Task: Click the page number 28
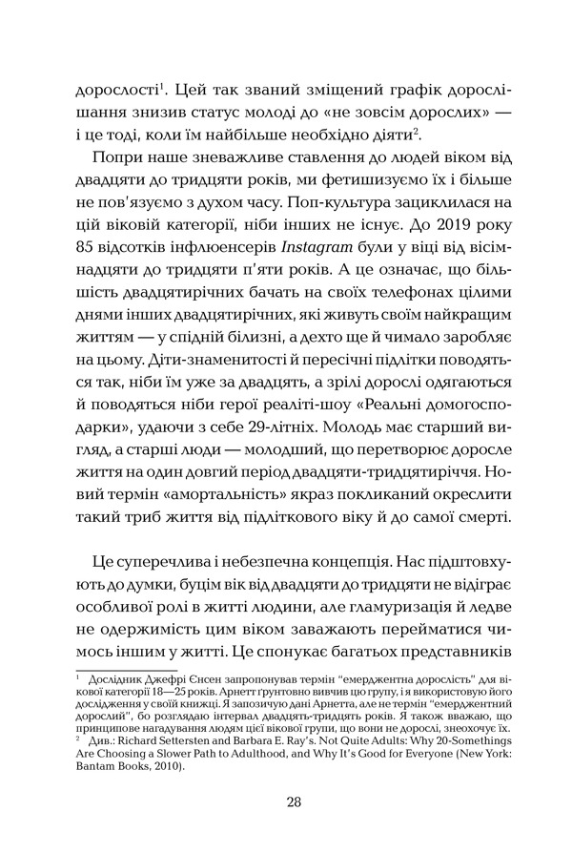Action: coord(293,801)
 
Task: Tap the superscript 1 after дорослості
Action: coord(161,88)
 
